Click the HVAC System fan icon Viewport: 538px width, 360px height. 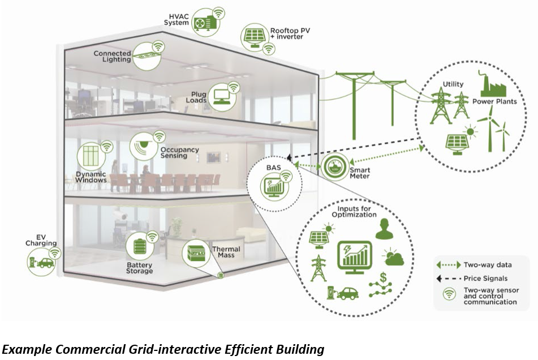(x=205, y=23)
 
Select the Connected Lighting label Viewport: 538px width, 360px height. (x=112, y=56)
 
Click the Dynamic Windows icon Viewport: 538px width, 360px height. (x=91, y=156)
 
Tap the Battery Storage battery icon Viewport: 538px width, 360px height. (x=140, y=246)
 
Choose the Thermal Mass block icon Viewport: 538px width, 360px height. (x=196, y=253)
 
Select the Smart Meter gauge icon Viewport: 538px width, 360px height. (x=334, y=167)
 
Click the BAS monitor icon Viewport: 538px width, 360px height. (x=274, y=187)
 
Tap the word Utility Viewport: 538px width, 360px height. (x=453, y=84)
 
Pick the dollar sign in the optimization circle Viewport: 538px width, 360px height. (x=383, y=277)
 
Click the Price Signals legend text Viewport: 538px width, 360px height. (x=485, y=278)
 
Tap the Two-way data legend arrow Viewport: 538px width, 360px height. (x=449, y=265)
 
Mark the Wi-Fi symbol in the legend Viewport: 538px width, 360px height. (x=449, y=294)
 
